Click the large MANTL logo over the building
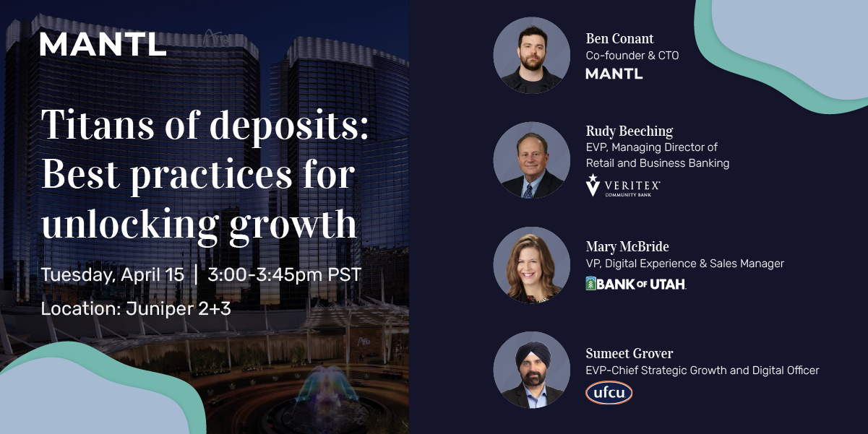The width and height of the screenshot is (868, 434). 103,44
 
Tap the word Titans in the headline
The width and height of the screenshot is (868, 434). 98,124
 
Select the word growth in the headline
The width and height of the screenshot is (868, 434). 293,224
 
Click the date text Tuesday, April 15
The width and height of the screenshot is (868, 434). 112,275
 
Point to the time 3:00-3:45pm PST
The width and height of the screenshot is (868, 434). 285,274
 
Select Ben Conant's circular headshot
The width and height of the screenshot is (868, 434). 532,56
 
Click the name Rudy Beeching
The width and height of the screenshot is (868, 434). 629,131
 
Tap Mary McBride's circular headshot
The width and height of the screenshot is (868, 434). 532,265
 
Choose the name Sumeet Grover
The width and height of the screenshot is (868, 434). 629,353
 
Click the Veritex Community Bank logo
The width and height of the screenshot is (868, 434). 623,186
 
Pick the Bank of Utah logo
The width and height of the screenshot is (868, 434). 636,284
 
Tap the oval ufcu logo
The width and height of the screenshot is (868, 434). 609,393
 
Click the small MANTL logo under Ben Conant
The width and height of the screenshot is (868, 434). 614,74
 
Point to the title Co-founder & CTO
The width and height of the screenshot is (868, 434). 632,56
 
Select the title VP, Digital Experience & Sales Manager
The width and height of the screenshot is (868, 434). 684,264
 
